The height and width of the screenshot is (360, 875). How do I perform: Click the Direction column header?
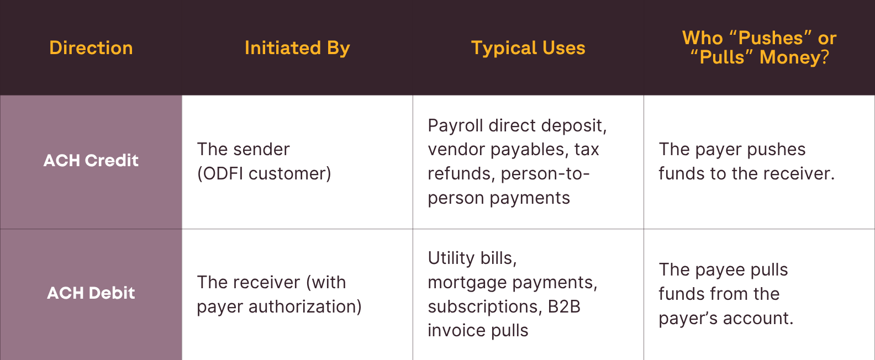(91, 48)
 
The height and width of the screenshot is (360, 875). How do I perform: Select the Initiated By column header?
(297, 48)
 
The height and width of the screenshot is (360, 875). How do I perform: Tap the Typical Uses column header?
(528, 48)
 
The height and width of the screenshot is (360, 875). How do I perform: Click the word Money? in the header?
(794, 57)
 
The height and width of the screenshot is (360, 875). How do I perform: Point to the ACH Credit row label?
(91, 161)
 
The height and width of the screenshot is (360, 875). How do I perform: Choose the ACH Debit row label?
(91, 293)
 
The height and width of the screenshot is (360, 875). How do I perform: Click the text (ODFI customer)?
(264, 174)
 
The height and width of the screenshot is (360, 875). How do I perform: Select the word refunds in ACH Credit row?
(461, 174)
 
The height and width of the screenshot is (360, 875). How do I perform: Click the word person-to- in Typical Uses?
(545, 174)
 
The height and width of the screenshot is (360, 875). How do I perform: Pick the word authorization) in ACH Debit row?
(305, 306)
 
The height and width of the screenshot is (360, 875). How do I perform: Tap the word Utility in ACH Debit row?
(451, 258)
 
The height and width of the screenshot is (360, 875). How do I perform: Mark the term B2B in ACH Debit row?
(564, 306)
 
